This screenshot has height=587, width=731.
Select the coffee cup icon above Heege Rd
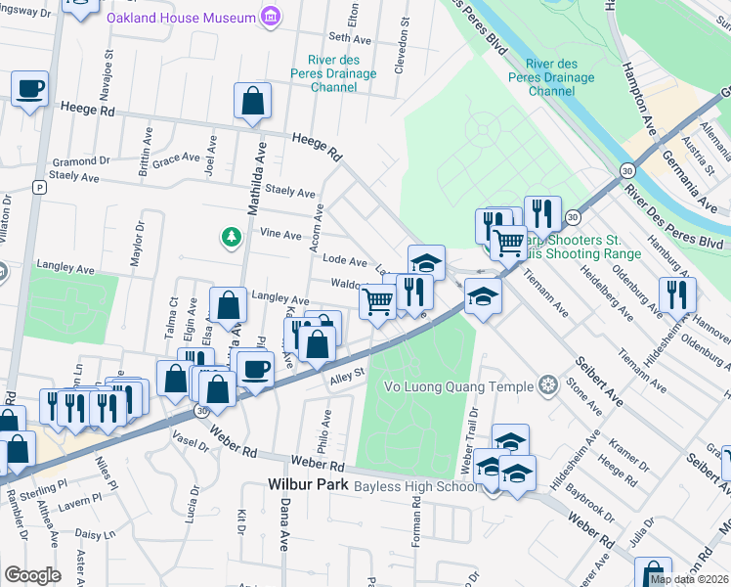[x=30, y=88]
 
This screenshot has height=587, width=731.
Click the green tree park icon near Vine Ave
[x=231, y=237]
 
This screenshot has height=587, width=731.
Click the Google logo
[x=32, y=575]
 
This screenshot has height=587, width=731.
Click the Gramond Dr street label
[x=81, y=161]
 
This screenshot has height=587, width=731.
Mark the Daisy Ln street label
[x=96, y=535]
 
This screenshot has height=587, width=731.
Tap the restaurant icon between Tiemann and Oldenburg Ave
[x=676, y=293]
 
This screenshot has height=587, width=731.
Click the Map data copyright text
[x=689, y=579]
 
